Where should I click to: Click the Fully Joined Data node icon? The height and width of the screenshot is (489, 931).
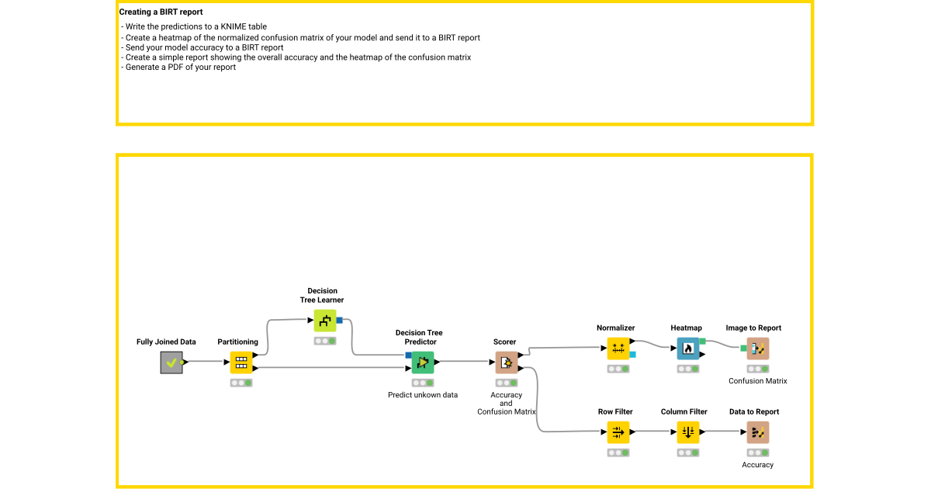[x=171, y=362]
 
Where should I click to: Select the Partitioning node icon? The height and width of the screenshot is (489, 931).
[x=241, y=362]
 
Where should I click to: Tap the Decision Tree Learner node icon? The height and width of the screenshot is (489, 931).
[x=325, y=321]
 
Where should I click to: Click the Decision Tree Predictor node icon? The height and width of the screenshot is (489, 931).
[x=423, y=362]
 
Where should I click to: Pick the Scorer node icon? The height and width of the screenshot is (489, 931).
[x=507, y=362]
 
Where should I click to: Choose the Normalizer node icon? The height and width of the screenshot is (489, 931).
[x=618, y=349]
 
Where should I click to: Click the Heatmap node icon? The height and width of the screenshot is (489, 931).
[x=687, y=349]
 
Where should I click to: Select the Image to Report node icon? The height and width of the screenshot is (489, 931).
[x=757, y=349]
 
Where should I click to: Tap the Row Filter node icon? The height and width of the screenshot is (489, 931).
[x=618, y=432]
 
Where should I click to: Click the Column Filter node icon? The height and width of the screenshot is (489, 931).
[x=687, y=432]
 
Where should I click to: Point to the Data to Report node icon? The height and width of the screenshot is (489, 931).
[x=757, y=432]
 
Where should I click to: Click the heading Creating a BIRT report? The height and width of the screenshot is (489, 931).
[x=161, y=12]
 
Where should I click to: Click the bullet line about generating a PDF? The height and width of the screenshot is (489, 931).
[x=178, y=68]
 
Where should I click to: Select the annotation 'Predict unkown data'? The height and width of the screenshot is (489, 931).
[x=423, y=395]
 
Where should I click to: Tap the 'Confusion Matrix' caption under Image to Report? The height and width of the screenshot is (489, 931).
[x=757, y=381]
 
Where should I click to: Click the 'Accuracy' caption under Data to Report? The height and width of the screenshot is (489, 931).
[x=757, y=465]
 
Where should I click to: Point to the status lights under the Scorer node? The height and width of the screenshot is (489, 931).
[x=507, y=383]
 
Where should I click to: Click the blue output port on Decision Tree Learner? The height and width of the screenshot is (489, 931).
[x=340, y=321]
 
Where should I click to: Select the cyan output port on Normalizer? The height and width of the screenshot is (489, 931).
[x=633, y=355]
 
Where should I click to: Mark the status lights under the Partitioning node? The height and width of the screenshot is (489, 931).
[x=241, y=383]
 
